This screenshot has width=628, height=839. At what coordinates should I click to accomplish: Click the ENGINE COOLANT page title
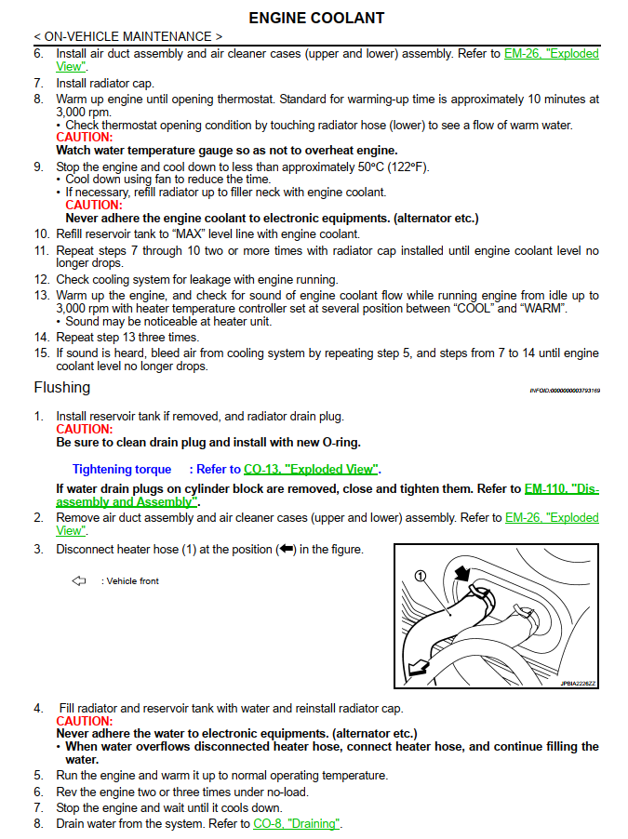[x=316, y=18]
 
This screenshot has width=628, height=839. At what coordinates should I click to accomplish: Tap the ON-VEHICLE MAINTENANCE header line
[x=128, y=37]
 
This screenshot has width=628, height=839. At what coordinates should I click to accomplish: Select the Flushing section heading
[x=62, y=387]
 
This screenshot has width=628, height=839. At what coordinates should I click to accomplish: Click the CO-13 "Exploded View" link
[x=312, y=470]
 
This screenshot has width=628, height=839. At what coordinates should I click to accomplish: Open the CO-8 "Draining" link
[x=297, y=823]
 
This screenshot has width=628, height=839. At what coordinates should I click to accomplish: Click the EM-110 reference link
[x=562, y=488]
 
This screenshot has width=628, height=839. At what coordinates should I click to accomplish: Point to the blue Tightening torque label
[x=122, y=470]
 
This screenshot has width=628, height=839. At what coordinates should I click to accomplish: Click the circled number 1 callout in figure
[x=421, y=576]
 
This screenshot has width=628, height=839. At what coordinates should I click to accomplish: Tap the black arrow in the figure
[x=461, y=574]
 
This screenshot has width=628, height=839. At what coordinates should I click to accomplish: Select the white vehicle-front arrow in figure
[x=419, y=668]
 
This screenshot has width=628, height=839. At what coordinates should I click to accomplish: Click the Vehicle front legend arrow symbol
[x=79, y=581]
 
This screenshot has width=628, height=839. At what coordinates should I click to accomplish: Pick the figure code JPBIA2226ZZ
[x=578, y=684]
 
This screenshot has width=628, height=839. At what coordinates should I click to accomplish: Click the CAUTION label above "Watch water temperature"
[x=84, y=138]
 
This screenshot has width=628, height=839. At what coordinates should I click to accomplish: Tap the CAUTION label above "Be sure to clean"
[x=84, y=430]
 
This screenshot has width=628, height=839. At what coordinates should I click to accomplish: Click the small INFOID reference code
[x=565, y=391]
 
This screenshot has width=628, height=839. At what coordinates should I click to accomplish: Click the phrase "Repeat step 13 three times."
[x=127, y=337]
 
